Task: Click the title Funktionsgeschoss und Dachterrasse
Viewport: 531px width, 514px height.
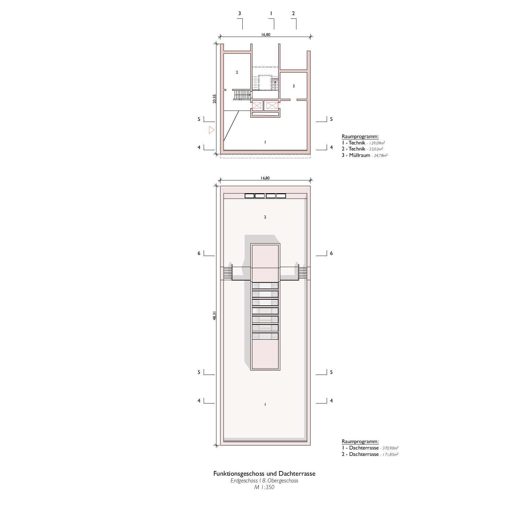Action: pyautogui.click(x=264, y=474)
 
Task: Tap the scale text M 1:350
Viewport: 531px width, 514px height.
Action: pyautogui.click(x=264, y=487)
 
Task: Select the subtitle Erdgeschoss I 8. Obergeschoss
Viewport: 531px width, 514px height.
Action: pyautogui.click(x=264, y=481)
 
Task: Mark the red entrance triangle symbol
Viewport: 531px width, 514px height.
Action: pyautogui.click(x=211, y=130)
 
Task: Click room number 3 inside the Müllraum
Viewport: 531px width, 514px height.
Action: pyautogui.click(x=294, y=86)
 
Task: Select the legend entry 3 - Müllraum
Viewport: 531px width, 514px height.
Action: pyautogui.click(x=356, y=155)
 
